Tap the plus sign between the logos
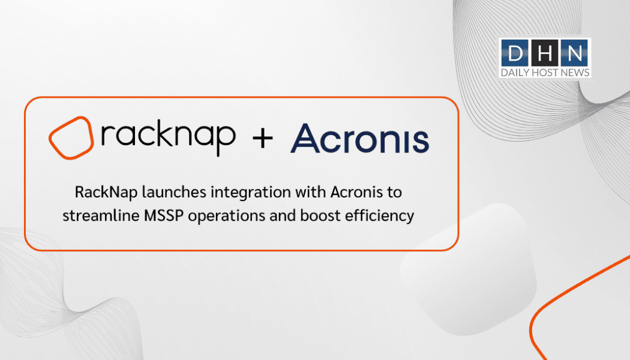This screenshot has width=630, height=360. pos(263,139)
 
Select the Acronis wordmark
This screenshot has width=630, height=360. pos(359,139)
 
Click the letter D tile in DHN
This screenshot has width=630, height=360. pos(515,53)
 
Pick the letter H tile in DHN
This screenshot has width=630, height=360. pos(544,53)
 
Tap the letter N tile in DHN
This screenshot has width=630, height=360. pos(574,53)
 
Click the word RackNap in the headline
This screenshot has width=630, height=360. pos(106,193)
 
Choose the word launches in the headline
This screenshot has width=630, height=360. pos(175,192)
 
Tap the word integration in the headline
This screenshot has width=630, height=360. pos(251,193)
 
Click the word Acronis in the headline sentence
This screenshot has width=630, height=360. pos(357,192)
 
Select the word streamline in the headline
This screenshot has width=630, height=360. pos(100,216)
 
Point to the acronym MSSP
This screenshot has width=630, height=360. pos(164,216)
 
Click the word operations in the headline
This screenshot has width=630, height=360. pos(227,217)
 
